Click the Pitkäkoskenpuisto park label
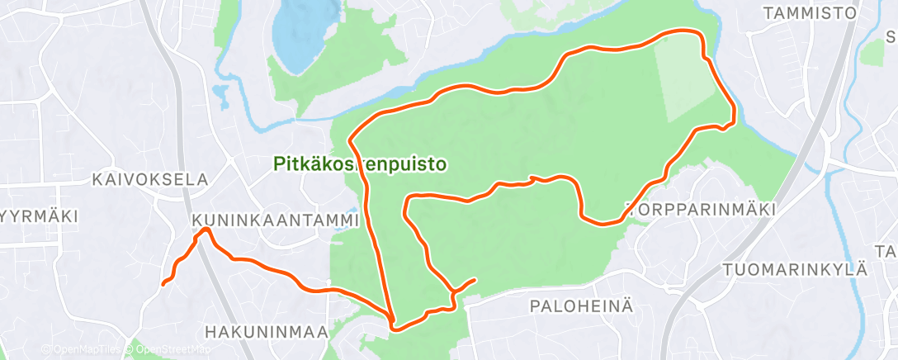click(360, 164)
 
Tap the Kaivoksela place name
click(150, 179)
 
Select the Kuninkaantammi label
click(276, 221)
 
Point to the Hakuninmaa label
click(266, 332)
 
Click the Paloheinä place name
click(581, 306)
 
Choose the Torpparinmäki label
click(702, 210)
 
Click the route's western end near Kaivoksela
click(163, 284)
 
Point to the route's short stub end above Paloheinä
click(475, 280)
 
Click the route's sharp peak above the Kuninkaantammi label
click(202, 230)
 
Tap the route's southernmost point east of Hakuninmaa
click(395, 329)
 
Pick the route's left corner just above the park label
click(351, 138)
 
